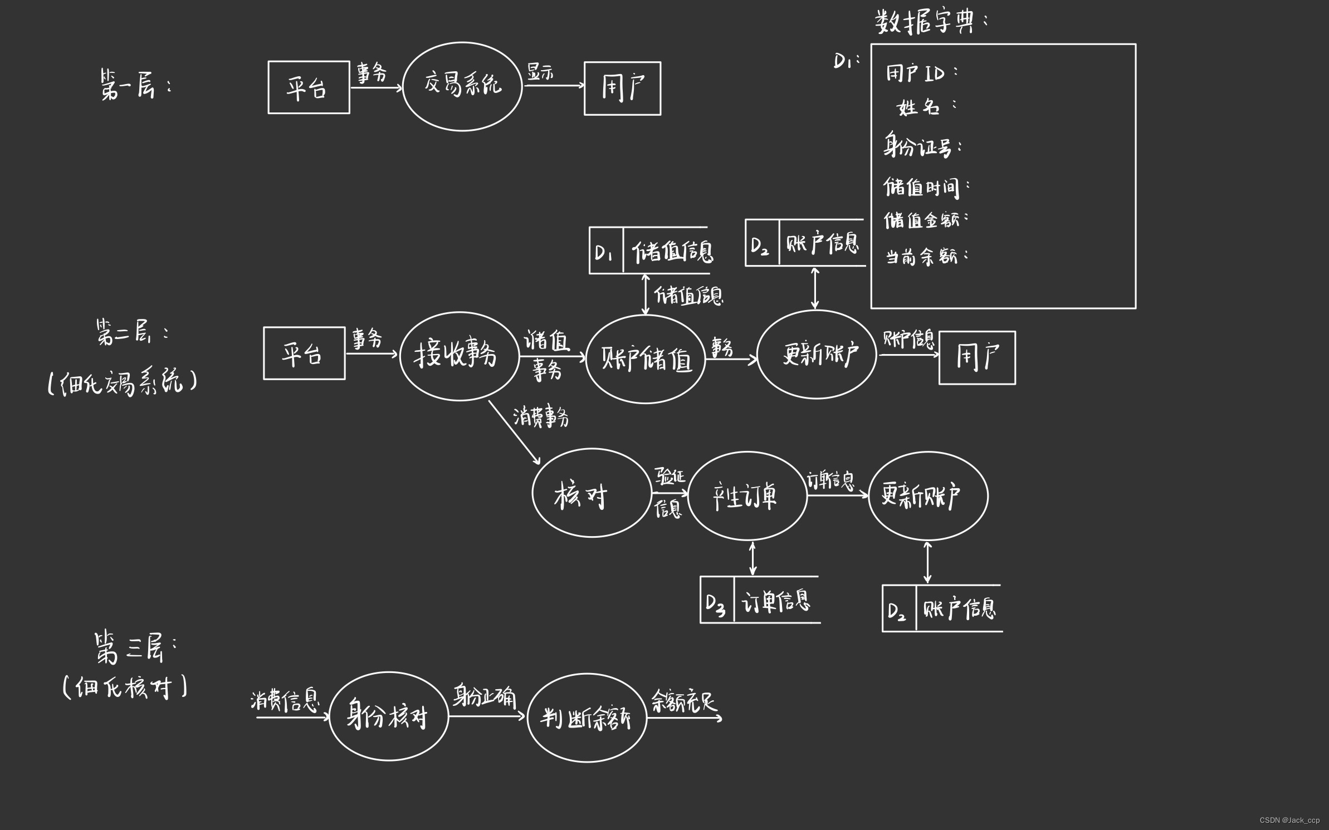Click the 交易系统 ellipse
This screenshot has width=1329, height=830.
pos(462,86)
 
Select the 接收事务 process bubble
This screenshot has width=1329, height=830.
pos(459,355)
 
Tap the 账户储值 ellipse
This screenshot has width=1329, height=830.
pos(646,359)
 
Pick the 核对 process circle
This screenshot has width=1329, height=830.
pos(591,493)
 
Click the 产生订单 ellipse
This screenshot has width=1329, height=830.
pos(747,495)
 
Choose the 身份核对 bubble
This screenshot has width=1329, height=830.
pos(388,716)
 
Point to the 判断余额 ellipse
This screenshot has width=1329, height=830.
pos(587,718)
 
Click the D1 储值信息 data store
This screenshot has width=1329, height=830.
pos(649,251)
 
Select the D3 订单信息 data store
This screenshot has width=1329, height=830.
pos(760,600)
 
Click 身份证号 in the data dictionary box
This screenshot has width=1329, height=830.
pos(922,146)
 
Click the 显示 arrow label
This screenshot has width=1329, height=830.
pos(540,71)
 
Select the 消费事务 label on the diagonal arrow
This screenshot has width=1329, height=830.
pos(541,416)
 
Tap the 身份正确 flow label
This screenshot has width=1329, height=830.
pos(484,696)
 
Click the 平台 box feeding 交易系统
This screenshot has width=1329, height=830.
pos(309,87)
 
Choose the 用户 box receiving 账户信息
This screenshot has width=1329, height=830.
pos(977,357)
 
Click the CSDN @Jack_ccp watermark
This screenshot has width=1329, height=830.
pos(1289,820)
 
